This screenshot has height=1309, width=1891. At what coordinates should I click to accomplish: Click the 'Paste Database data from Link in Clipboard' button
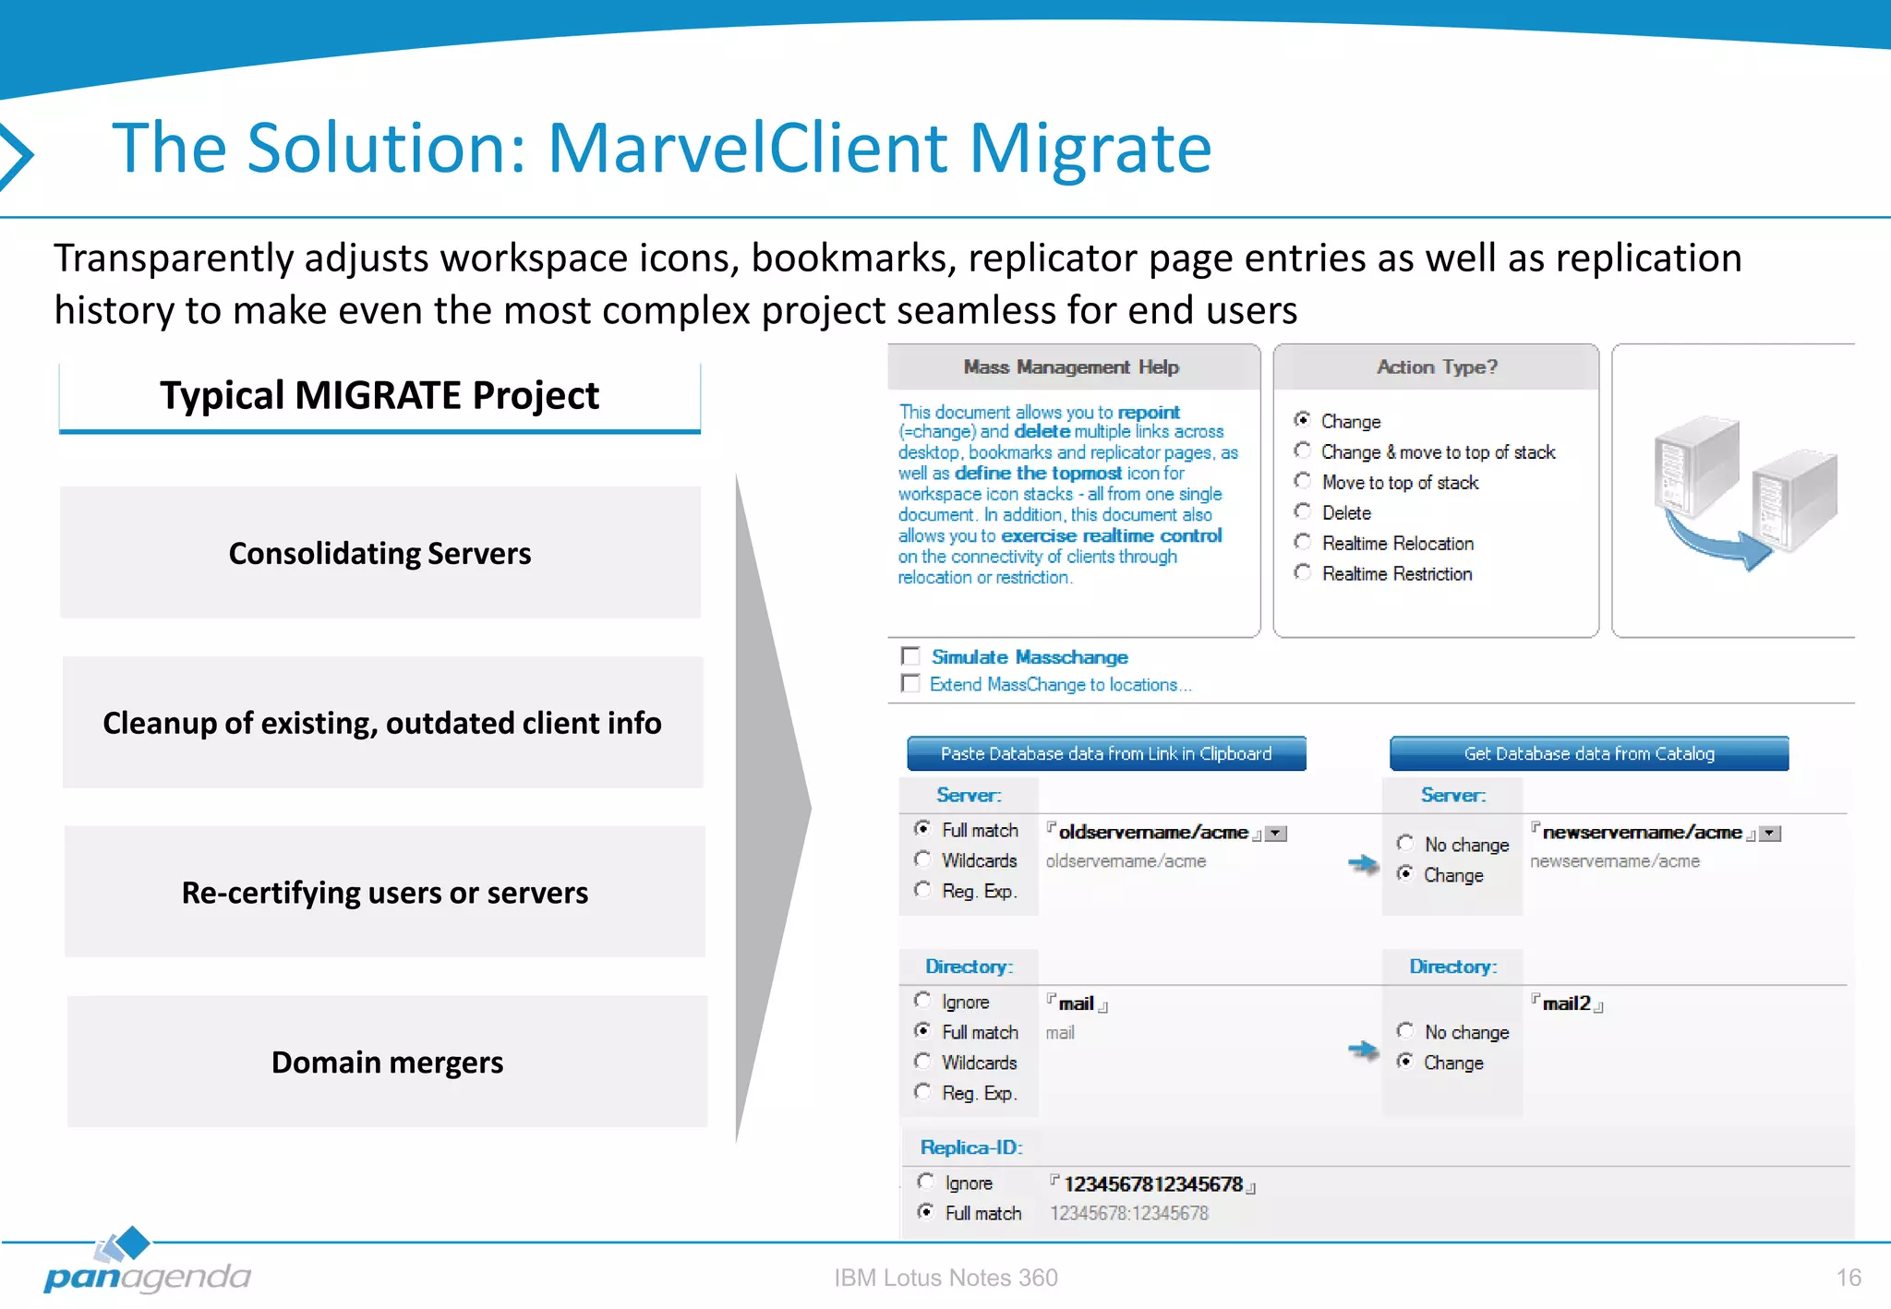pos(1106,753)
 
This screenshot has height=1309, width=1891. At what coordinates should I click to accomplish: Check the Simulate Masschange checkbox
pos(911,656)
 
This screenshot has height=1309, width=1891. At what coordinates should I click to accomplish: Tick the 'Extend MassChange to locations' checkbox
pos(911,684)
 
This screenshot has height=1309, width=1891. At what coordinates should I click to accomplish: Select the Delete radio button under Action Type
pos(1303,511)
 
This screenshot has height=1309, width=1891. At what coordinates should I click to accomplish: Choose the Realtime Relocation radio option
pos(1303,542)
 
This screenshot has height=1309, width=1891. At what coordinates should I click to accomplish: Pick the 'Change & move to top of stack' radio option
pos(1303,450)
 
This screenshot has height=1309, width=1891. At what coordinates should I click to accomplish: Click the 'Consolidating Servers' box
pos(379,553)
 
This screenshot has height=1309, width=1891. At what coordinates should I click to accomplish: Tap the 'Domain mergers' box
pos(387,1062)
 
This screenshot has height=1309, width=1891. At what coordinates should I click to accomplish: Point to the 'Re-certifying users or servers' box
pos(384,892)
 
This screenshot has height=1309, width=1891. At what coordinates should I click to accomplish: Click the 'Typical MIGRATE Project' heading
pos(379,395)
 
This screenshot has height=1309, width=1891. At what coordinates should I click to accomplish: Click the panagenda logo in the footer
pos(147,1265)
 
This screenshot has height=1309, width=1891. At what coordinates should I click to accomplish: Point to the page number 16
pos(1848,1278)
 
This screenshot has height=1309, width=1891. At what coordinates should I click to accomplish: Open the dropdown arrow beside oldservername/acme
pos(1276,834)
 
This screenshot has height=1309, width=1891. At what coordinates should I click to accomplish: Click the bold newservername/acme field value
pos(1642,833)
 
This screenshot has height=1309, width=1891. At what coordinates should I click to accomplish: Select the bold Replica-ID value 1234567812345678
pos(1152,1183)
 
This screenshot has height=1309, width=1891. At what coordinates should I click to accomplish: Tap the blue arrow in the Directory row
pos(1363,1050)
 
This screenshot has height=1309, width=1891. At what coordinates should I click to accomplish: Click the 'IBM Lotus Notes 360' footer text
pos(945,1278)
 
